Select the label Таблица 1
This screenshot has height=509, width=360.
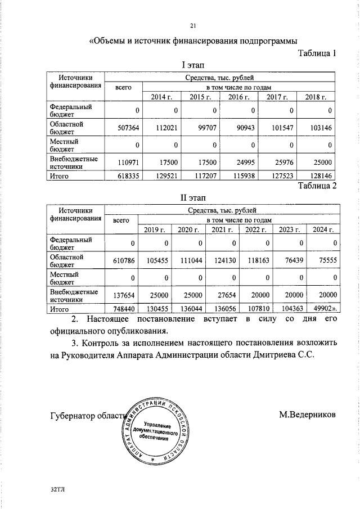[x=316, y=53]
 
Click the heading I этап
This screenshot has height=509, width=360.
[x=192, y=66]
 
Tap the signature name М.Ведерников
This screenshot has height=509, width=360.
[x=307, y=415]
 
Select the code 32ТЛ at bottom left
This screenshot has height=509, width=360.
[x=57, y=490]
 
